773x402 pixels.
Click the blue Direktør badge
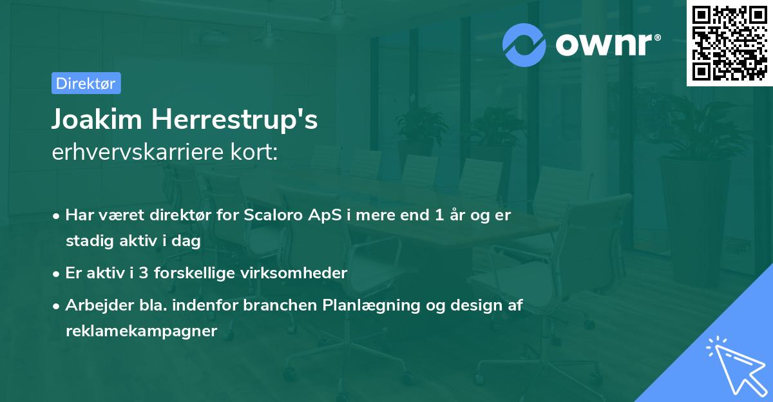86,83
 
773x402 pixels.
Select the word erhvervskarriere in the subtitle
138,152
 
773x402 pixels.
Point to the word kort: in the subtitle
254,151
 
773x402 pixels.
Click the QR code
730,43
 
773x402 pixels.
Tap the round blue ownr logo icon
524,45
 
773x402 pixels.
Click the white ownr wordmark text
604,44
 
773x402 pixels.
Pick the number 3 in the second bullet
144,273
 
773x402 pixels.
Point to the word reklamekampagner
142,331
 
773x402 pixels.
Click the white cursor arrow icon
738,367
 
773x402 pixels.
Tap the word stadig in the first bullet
90,241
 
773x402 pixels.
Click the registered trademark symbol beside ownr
657,37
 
